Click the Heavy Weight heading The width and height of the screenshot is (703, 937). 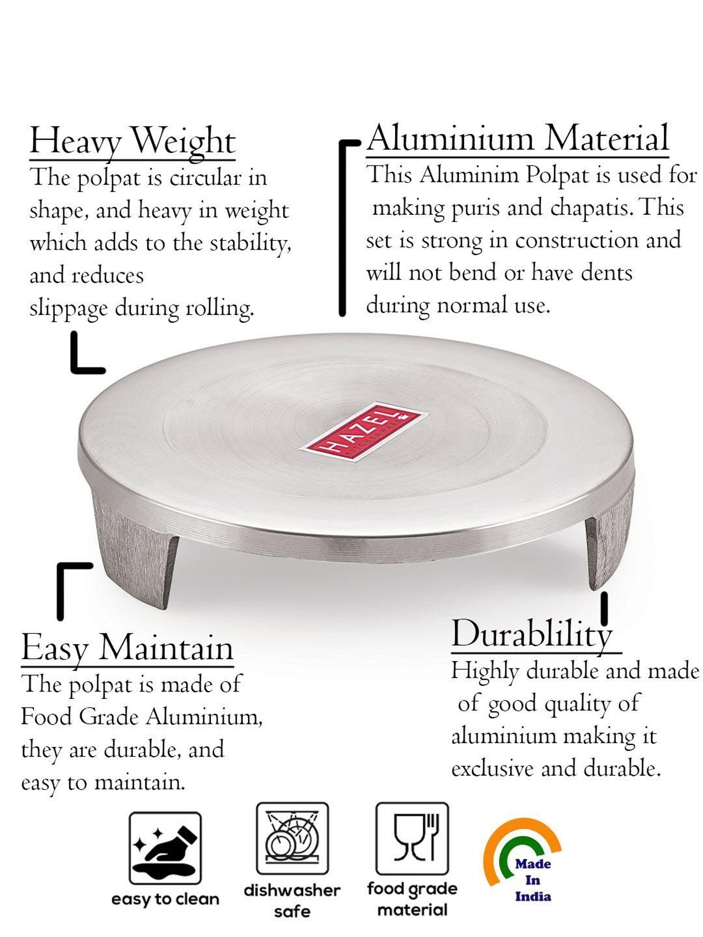click(132, 141)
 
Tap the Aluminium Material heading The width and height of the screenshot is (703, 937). click(518, 139)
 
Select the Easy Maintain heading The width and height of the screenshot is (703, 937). click(127, 648)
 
